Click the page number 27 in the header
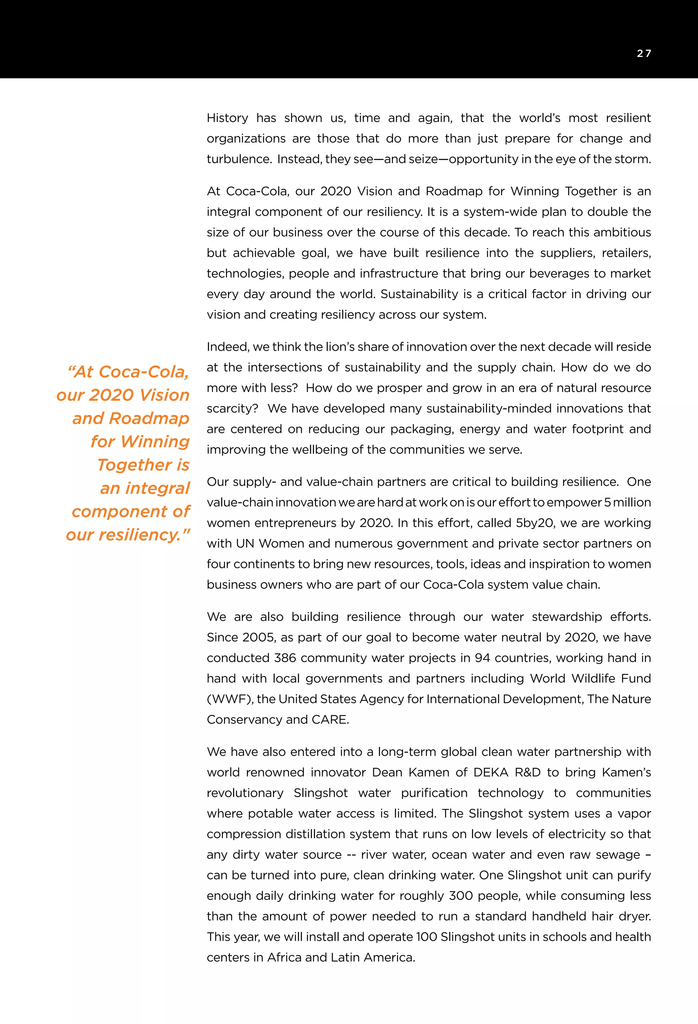click(x=644, y=53)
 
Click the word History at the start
click(x=227, y=118)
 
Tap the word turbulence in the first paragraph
click(x=238, y=159)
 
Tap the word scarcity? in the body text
click(x=232, y=408)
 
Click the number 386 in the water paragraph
click(x=285, y=658)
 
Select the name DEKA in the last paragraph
click(x=490, y=772)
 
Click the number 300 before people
click(x=460, y=896)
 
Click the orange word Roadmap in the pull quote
click(x=149, y=419)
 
